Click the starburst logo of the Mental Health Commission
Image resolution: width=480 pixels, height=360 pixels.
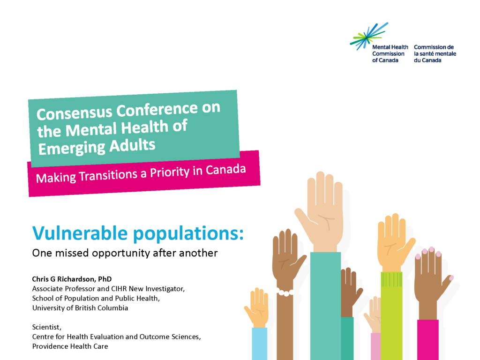(x=369, y=36)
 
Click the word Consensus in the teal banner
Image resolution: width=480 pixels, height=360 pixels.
(x=75, y=112)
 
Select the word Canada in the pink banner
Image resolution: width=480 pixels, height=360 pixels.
(x=225, y=170)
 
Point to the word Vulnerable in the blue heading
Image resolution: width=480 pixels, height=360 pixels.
(x=80, y=233)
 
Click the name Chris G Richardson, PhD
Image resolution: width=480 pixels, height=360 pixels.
(x=72, y=279)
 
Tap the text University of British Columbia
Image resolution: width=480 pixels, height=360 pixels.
(x=80, y=307)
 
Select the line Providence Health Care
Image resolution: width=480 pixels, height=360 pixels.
(x=70, y=346)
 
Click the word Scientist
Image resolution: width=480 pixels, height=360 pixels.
(x=47, y=327)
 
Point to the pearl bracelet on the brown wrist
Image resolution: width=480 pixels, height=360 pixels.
(x=285, y=292)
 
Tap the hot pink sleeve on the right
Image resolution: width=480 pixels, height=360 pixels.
(x=427, y=340)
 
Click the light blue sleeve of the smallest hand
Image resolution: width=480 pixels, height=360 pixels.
(x=260, y=344)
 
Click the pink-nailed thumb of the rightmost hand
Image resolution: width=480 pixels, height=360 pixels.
(x=446, y=286)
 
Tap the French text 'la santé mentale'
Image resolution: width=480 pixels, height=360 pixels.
(x=435, y=54)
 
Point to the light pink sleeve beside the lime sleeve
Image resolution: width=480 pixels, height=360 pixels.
(x=376, y=346)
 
